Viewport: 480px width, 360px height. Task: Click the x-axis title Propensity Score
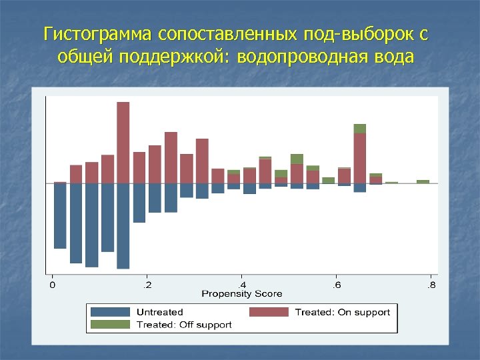[241, 294]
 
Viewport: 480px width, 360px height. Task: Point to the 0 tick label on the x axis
[53, 285]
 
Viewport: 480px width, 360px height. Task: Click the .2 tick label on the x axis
[147, 285]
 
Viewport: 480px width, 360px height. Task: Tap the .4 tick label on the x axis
[241, 285]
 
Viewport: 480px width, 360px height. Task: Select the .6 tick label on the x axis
[336, 285]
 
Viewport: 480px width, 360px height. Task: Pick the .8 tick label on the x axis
[431, 285]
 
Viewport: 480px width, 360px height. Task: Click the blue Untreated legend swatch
[110, 312]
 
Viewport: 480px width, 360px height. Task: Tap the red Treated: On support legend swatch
[269, 312]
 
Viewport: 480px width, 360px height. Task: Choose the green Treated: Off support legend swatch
[110, 325]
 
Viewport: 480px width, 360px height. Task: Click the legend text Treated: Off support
[184, 325]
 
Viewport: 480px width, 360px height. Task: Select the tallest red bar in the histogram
[123, 142]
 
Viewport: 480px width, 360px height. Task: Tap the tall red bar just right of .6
[360, 158]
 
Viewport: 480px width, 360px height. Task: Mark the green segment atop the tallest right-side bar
[360, 129]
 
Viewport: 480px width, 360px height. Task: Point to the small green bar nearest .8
[423, 181]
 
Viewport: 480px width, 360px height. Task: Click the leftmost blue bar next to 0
[60, 215]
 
